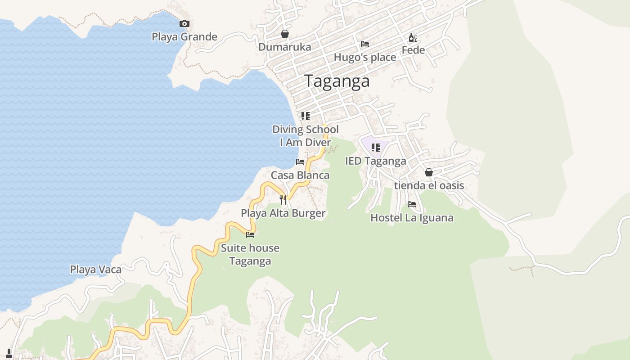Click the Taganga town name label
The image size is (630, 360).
pos(337,81)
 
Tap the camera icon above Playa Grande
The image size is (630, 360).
pos(184,24)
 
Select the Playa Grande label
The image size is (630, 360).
pos(184,37)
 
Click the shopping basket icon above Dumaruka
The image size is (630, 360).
pos(284,34)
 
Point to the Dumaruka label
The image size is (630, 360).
pos(284,47)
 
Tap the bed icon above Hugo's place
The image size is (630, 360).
pos(365,44)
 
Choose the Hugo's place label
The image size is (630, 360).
pos(365,57)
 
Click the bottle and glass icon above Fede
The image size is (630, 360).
pos(413,38)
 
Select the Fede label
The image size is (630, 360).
pos(413,50)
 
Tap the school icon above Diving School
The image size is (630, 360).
pos(306,116)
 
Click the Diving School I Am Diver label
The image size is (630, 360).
pos(306,136)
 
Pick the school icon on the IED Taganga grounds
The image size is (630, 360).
pos(376,148)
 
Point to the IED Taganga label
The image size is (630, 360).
pos(376,161)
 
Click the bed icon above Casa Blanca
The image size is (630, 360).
pos(300,162)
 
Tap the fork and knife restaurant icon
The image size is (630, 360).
pos(283,199)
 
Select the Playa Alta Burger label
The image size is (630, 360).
pos(283,213)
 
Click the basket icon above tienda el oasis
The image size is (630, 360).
pos(429,172)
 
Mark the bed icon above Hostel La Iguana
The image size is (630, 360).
pos(412,204)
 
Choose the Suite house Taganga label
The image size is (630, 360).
pos(250,254)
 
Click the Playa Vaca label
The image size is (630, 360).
pos(95,270)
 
